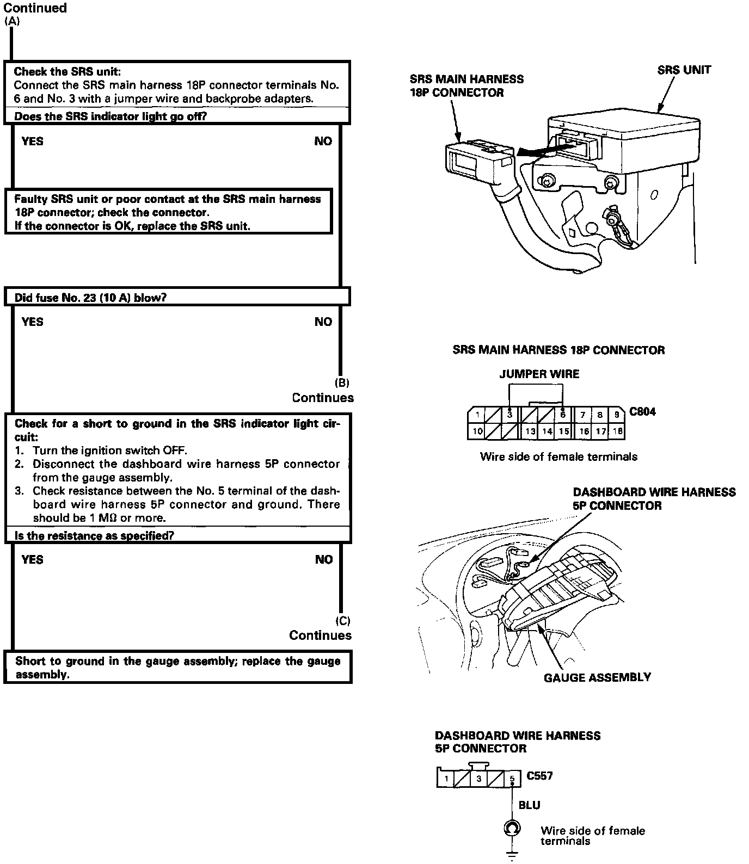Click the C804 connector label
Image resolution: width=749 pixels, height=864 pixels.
click(642, 411)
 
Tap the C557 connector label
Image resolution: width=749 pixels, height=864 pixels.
click(539, 776)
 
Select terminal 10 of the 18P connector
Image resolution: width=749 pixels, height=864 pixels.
click(477, 431)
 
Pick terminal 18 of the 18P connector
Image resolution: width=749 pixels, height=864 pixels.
click(617, 431)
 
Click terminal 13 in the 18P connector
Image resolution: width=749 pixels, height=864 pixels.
click(530, 431)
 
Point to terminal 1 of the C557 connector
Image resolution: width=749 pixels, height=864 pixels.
click(446, 779)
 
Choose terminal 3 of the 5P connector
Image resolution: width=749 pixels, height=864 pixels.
click(479, 779)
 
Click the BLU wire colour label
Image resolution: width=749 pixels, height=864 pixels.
click(529, 805)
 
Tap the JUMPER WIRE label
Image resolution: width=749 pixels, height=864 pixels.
click(539, 374)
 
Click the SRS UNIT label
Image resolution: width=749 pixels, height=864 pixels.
click(684, 70)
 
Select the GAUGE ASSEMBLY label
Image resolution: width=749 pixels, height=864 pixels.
click(597, 677)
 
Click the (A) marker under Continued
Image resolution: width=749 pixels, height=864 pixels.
click(11, 22)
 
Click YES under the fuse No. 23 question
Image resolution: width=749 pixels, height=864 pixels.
click(32, 322)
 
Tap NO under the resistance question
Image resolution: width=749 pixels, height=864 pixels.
click(323, 559)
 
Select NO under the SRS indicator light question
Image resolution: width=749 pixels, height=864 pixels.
click(323, 141)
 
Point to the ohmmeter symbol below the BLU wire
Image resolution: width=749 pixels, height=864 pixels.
click(511, 829)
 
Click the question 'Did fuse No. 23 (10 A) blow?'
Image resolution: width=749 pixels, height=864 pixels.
click(90, 298)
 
